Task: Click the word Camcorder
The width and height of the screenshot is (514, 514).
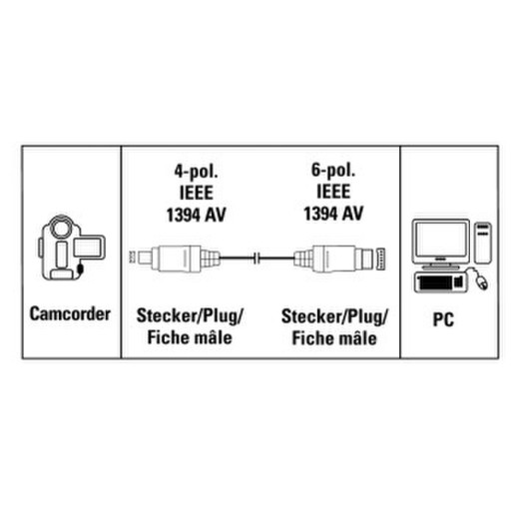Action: click(x=70, y=313)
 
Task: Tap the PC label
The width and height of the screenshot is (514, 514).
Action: click(x=443, y=319)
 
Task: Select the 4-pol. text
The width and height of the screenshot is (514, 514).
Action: click(x=197, y=172)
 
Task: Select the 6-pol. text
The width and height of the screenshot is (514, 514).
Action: click(x=333, y=171)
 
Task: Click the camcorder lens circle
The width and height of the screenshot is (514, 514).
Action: click(x=61, y=229)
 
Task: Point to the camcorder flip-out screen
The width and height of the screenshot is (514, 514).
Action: click(x=88, y=248)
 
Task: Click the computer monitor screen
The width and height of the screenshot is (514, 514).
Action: click(x=441, y=240)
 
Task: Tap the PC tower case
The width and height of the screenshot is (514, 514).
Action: click(x=483, y=244)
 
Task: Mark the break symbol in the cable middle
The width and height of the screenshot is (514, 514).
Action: click(x=257, y=258)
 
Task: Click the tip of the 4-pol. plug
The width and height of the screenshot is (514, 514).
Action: click(x=133, y=257)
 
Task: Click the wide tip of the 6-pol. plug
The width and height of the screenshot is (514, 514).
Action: click(x=380, y=258)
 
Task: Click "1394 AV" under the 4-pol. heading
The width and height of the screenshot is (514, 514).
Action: click(x=197, y=215)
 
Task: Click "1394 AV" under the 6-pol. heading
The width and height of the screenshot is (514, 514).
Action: click(x=333, y=214)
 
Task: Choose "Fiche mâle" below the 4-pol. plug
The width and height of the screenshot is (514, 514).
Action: click(x=190, y=337)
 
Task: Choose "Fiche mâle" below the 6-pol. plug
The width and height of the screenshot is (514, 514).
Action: click(x=334, y=338)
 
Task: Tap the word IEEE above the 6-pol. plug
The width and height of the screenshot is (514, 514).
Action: click(x=333, y=192)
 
